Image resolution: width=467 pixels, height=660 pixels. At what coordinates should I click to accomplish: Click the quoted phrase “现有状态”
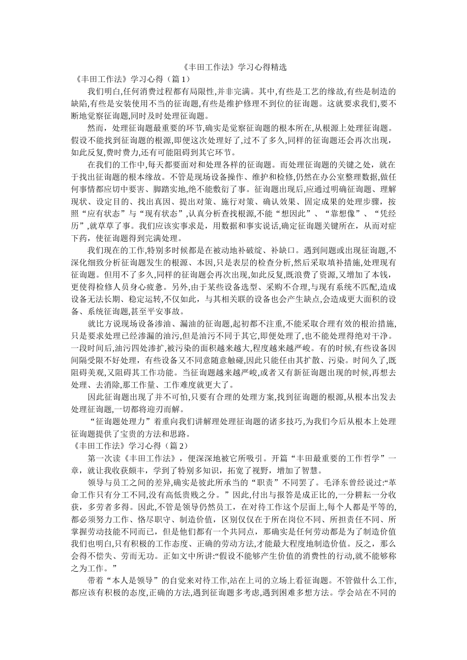164,214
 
